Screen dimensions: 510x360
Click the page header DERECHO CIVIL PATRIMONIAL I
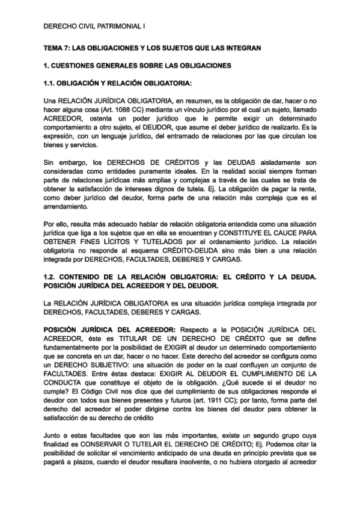95,27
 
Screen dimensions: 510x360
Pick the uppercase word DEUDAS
241,163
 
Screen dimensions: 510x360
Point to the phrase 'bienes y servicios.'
71,145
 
